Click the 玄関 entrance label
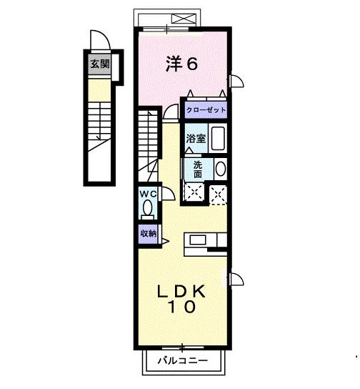(x=99, y=64)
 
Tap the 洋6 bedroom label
(x=181, y=64)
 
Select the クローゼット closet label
(x=206, y=110)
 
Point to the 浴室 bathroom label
(x=196, y=139)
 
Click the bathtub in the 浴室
(x=218, y=138)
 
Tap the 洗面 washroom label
(x=198, y=169)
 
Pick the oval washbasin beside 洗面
(x=221, y=169)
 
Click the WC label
(x=148, y=194)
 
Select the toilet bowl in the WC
(x=148, y=208)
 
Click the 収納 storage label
(x=149, y=233)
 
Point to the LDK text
(x=181, y=291)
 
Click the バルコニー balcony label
(x=183, y=360)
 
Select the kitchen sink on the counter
(x=198, y=240)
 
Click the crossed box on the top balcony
(x=184, y=19)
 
